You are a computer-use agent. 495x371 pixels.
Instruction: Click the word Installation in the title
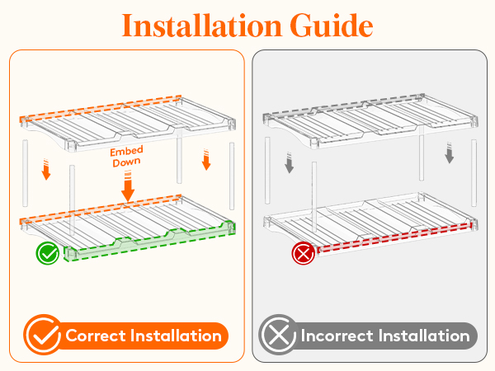click(202, 26)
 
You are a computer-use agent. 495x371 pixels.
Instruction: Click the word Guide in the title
click(332, 26)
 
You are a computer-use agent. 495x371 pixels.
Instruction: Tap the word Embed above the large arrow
click(126, 151)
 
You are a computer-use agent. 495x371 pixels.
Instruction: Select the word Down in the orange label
click(126, 162)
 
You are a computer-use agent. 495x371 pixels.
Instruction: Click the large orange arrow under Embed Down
click(128, 185)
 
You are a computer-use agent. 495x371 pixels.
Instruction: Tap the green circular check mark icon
click(48, 253)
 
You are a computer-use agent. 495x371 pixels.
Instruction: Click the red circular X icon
click(304, 253)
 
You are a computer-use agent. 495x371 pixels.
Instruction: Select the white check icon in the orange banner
click(43, 335)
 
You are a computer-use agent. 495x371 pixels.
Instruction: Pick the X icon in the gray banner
click(279, 335)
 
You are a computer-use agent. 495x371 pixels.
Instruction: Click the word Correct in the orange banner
click(96, 336)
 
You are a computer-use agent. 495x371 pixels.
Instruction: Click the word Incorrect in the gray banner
click(337, 336)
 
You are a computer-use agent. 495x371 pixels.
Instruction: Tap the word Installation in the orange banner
click(176, 336)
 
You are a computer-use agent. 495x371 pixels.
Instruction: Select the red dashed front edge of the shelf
click(394, 237)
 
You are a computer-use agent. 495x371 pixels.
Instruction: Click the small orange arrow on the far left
click(46, 169)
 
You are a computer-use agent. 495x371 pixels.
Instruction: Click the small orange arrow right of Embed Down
click(206, 160)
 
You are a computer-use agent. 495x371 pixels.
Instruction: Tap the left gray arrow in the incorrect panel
click(290, 162)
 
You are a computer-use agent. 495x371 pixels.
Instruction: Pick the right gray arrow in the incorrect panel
click(450, 153)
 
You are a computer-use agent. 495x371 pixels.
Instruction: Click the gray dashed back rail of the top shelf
click(343, 105)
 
